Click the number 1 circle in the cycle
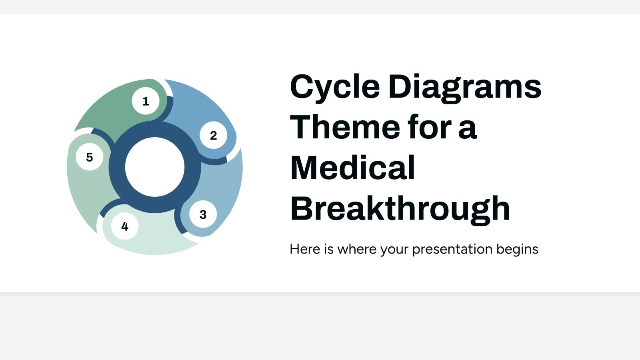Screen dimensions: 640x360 146,101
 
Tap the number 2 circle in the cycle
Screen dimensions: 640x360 214,135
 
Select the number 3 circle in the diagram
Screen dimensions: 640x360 203,214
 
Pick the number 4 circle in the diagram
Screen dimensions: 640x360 125,226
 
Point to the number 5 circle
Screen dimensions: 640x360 90,157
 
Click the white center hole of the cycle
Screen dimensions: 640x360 155,167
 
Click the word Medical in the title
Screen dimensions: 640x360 352,168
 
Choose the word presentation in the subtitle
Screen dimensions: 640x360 452,250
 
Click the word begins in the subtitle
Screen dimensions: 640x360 517,250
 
